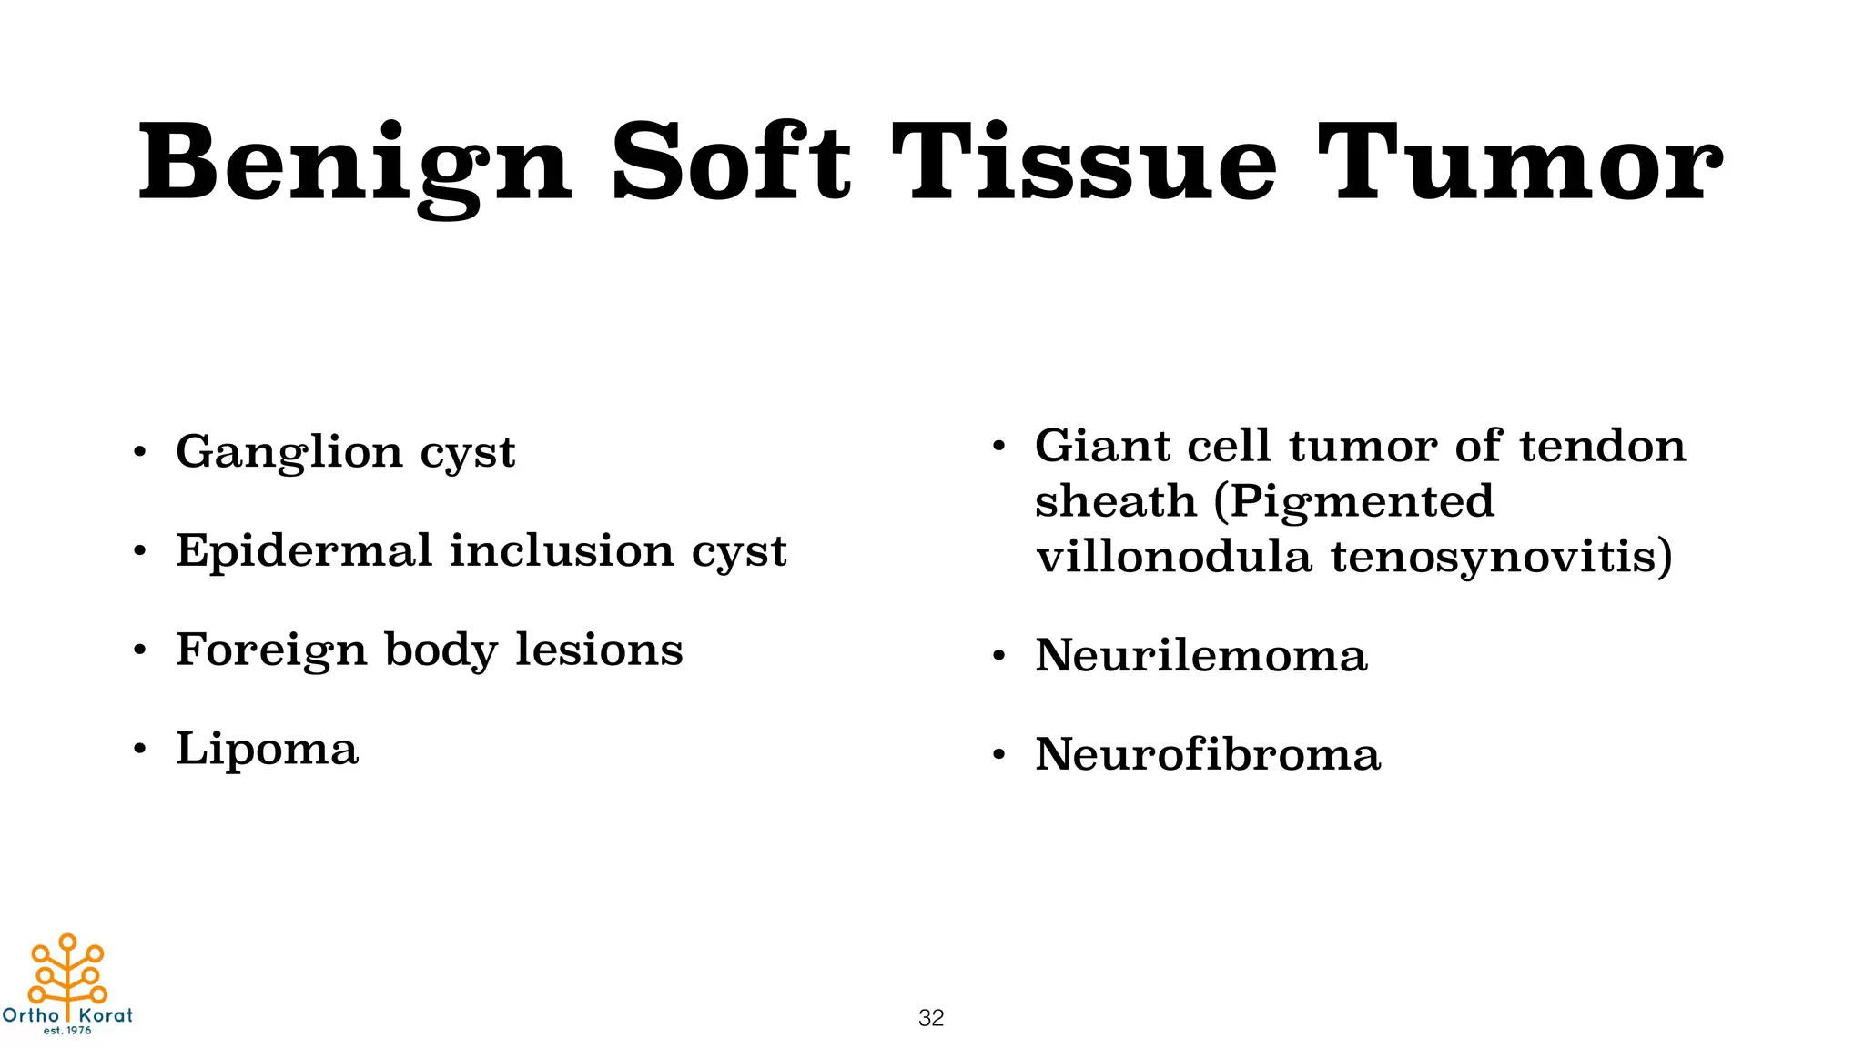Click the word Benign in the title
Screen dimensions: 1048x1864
tap(355, 164)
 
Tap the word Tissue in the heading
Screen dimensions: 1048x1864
tap(1084, 164)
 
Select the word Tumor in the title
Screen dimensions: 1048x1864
tap(1519, 164)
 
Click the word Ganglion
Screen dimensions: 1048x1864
tap(289, 452)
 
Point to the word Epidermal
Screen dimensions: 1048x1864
tap(304, 551)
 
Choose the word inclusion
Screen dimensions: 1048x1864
tap(562, 550)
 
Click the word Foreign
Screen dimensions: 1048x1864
tap(271, 650)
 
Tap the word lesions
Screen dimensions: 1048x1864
tap(599, 650)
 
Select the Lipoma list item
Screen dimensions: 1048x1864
tap(267, 750)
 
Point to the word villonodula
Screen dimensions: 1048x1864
tap(1173, 557)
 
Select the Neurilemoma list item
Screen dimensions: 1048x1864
tap(1200, 655)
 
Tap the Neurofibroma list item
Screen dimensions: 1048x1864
tap(1208, 754)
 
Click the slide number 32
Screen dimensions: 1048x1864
tap(931, 1018)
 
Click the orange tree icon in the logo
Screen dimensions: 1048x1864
tap(68, 971)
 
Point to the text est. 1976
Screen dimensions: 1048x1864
tap(67, 1031)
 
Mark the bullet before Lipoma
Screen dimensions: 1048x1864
tap(139, 750)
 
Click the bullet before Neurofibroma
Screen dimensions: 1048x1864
tap(998, 754)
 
